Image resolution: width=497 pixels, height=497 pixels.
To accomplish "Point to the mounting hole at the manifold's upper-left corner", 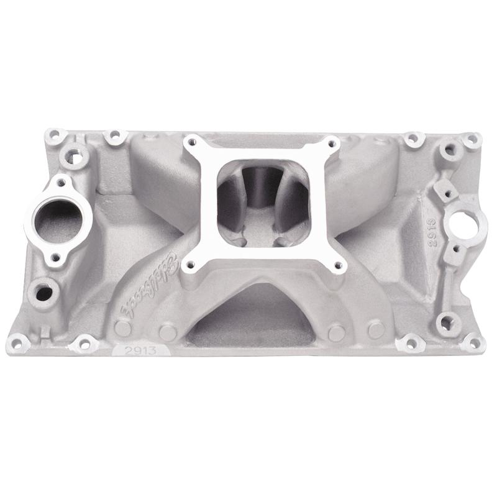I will coord(55,134).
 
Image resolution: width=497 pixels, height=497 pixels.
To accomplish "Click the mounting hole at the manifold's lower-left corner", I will coord(20,341).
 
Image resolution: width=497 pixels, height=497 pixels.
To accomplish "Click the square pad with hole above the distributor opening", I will coord(445,188).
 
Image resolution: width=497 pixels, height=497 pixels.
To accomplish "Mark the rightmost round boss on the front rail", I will coord(375,330).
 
